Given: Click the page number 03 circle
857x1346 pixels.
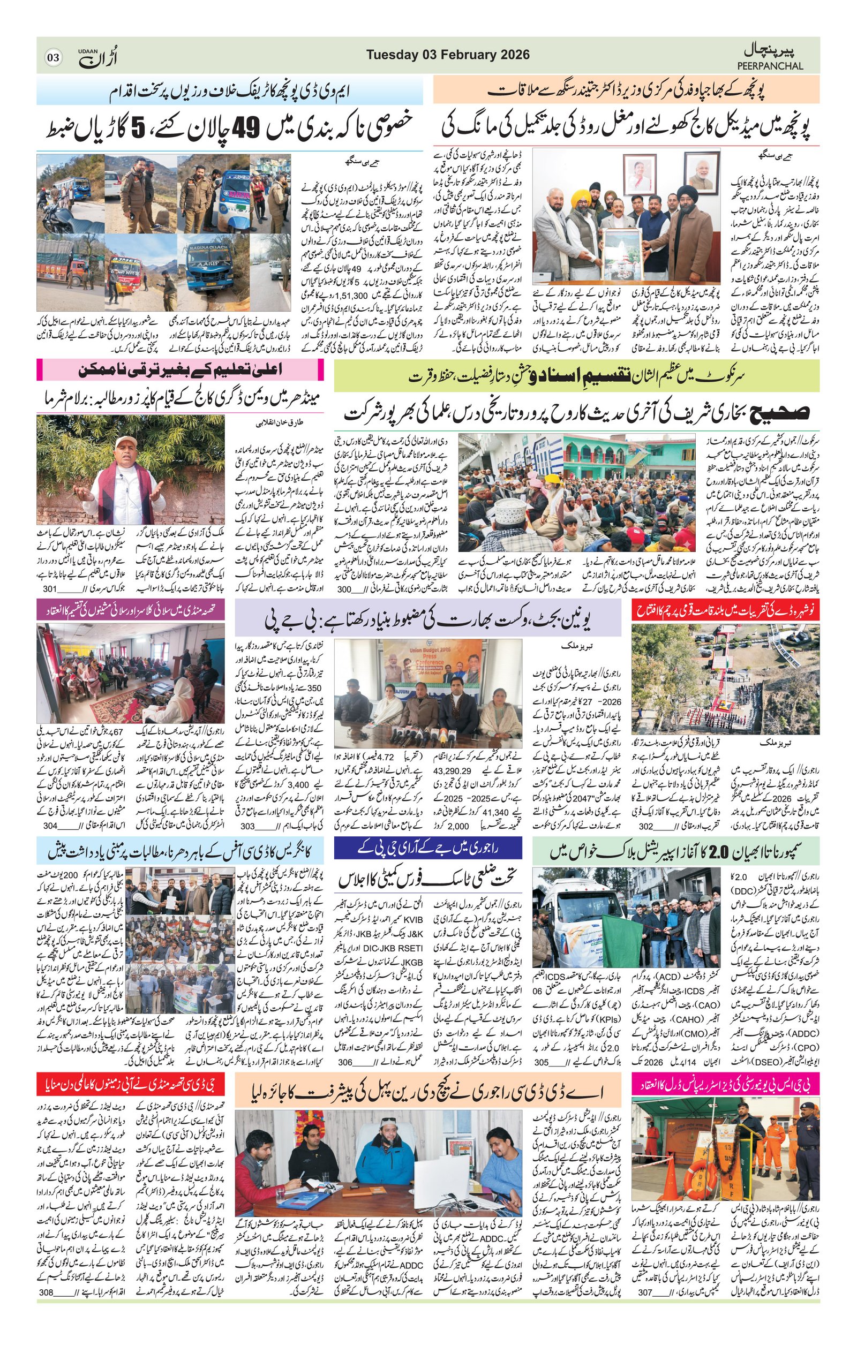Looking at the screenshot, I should pyautogui.click(x=54, y=57).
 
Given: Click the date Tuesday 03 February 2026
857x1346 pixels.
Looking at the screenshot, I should pyautogui.click(x=448, y=55).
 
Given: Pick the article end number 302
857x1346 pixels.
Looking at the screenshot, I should pyautogui.click(x=646, y=826).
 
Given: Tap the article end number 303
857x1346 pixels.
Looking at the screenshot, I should pyautogui.click(x=247, y=826).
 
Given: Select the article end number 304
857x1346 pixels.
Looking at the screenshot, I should pyautogui.click(x=50, y=826).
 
